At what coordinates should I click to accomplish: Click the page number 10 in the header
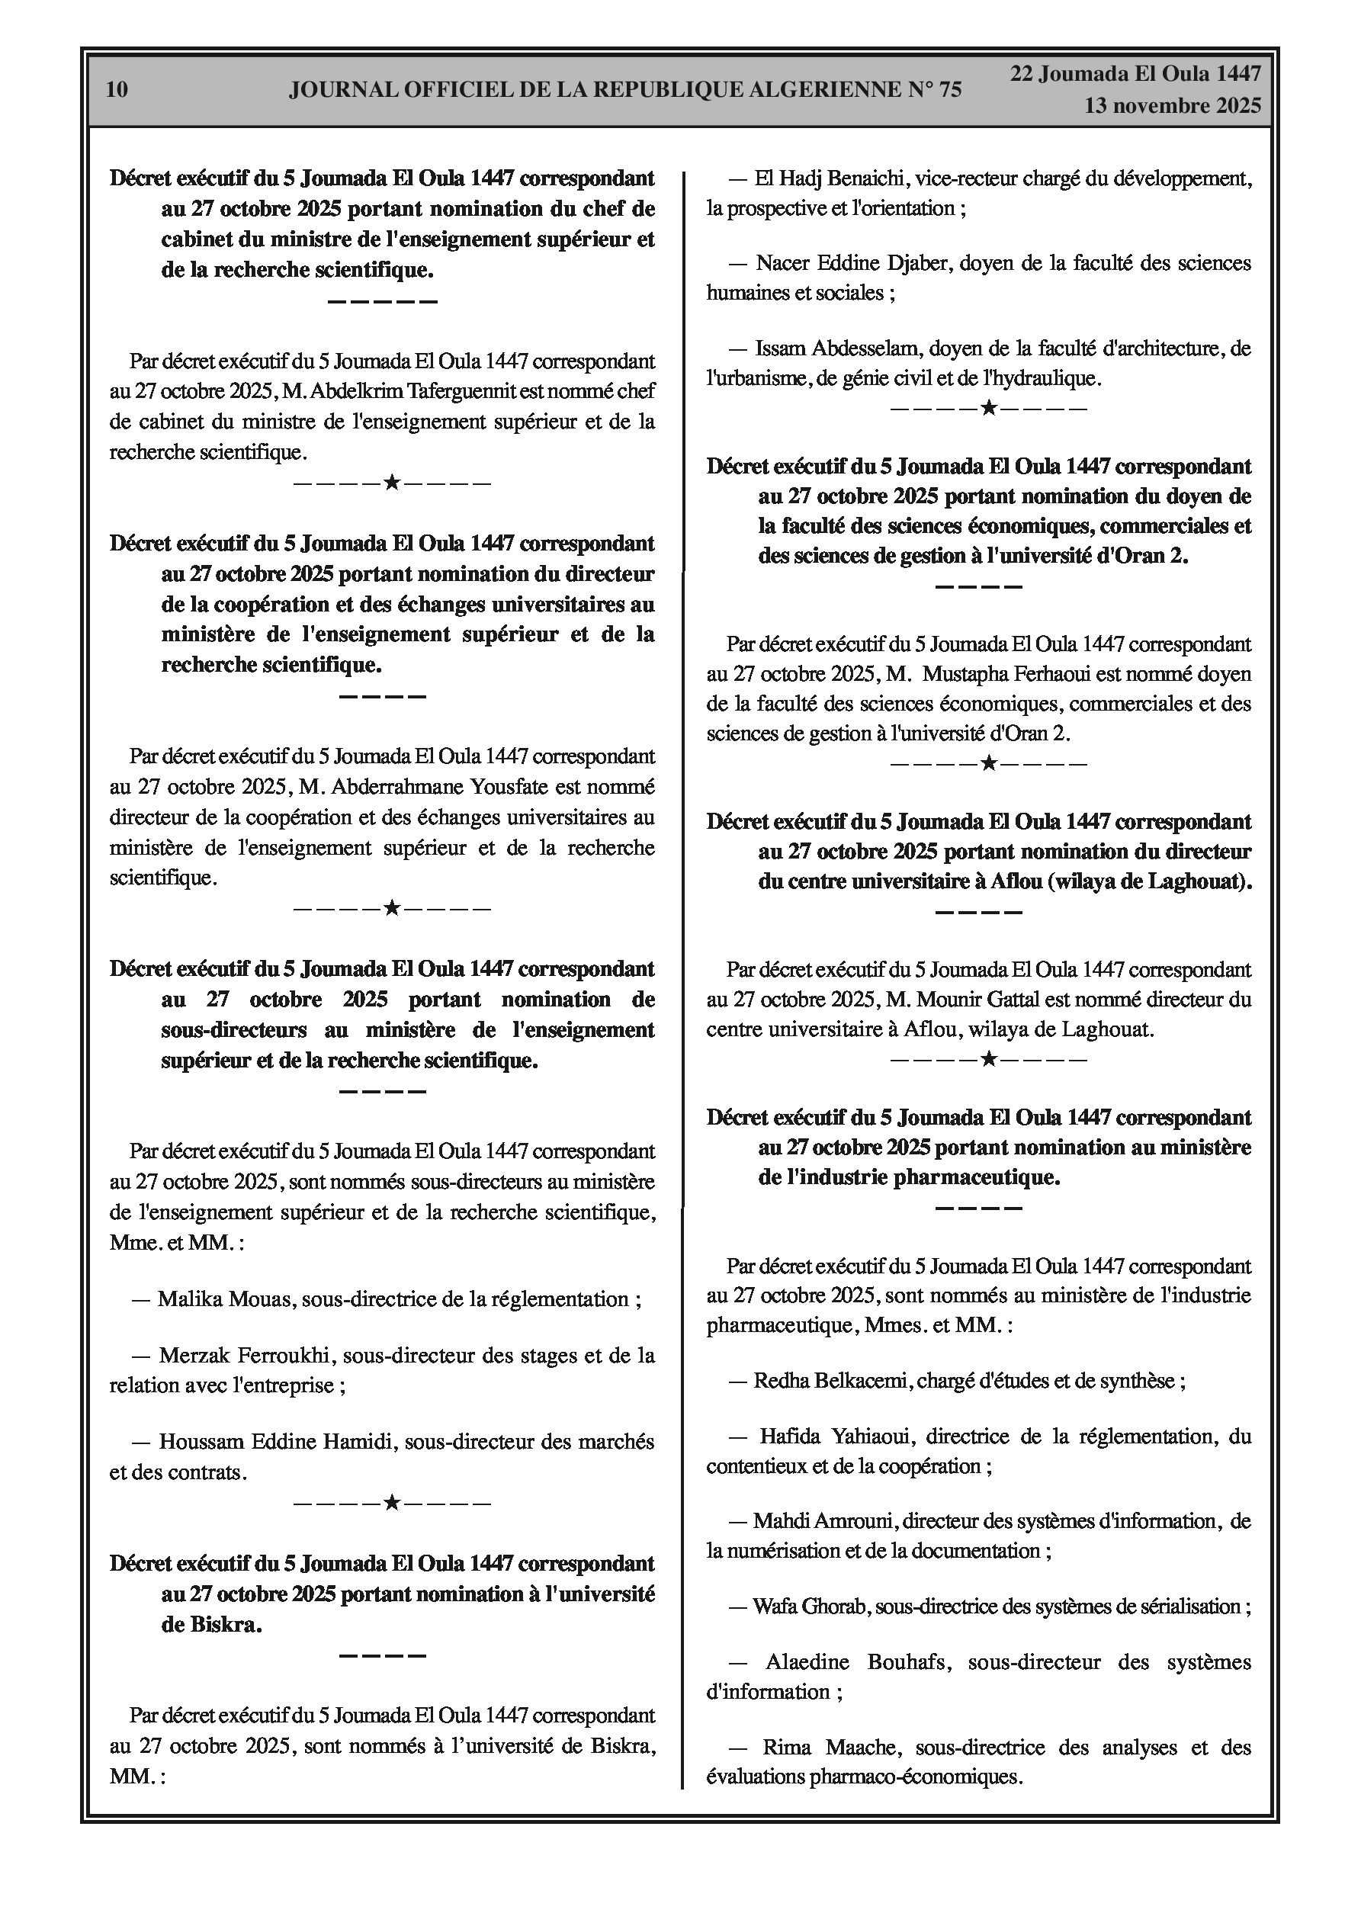click(x=117, y=90)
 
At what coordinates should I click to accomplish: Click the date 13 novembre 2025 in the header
click(x=1172, y=106)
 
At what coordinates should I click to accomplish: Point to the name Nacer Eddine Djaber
click(x=851, y=263)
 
